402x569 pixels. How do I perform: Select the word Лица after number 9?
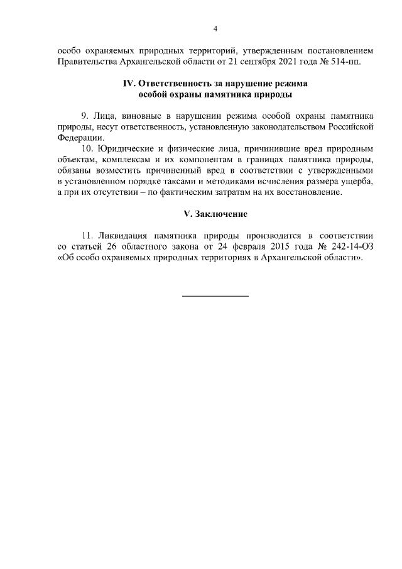coord(104,116)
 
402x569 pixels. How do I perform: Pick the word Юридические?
coord(126,149)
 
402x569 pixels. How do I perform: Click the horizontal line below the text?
coord(215,295)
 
